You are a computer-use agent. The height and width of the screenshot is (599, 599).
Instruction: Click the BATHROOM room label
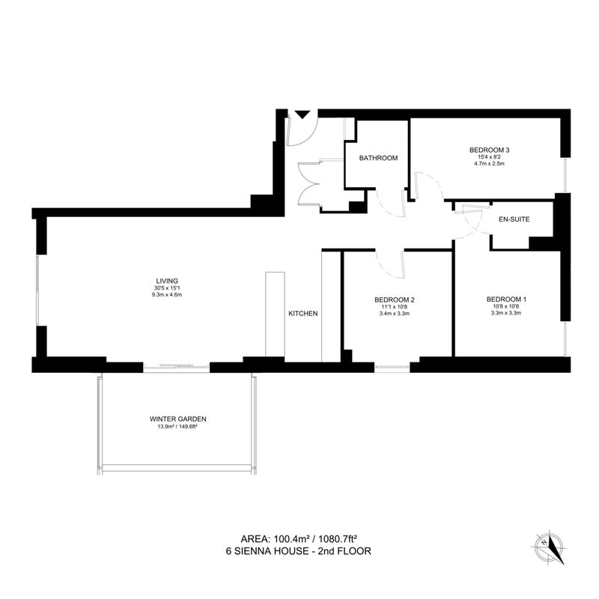tap(378, 158)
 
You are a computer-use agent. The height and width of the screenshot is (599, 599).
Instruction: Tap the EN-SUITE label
tap(514, 219)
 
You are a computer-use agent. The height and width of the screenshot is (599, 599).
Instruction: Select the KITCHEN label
tap(303, 314)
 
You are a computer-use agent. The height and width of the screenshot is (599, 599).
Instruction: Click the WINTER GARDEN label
tap(178, 419)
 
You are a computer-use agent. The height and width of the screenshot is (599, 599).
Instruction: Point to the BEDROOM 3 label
tap(490, 150)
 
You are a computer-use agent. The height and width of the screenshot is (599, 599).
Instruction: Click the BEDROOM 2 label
tap(395, 300)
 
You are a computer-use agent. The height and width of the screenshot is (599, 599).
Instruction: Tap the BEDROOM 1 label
tap(506, 299)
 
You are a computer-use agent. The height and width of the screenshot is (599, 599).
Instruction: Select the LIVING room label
tap(167, 282)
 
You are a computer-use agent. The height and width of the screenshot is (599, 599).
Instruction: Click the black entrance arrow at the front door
tap(302, 115)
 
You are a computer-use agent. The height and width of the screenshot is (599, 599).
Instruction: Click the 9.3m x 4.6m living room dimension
tap(167, 295)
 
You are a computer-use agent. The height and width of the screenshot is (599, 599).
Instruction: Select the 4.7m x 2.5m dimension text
tap(490, 163)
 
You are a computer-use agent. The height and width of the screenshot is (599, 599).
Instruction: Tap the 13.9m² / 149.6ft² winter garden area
tap(178, 427)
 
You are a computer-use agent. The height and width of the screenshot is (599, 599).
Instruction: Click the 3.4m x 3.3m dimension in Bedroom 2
tap(395, 314)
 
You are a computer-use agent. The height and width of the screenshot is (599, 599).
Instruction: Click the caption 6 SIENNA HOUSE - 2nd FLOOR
tap(299, 551)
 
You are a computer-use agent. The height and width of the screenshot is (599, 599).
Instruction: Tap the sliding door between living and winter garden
tap(177, 367)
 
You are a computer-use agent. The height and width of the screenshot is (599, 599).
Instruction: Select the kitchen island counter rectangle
tap(275, 314)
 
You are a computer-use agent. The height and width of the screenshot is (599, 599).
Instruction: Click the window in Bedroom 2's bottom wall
tap(392, 368)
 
